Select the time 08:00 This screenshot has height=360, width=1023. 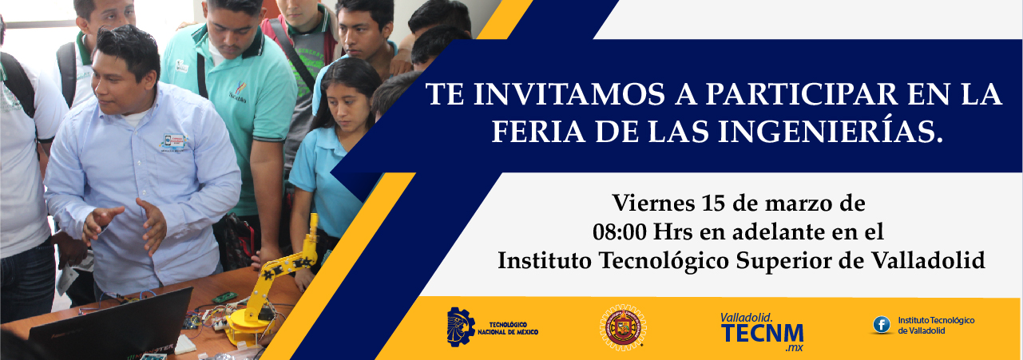pos(619,232)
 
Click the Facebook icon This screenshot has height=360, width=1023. pos(882,325)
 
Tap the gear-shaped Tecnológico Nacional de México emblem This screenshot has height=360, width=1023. pos(460,326)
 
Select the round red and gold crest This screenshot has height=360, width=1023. pos(623,327)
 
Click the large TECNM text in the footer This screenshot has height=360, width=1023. pos(762,334)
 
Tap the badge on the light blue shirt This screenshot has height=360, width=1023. pos(173,142)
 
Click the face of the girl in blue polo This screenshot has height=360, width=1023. pos(347,106)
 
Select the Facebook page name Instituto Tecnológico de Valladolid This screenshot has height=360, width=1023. pos(936,326)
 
